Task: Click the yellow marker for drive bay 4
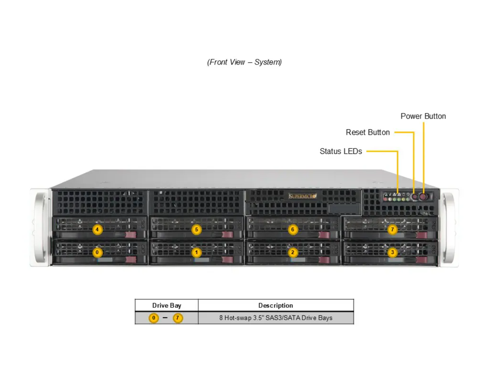97,230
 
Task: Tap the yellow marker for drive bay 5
196,230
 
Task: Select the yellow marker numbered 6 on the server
293,230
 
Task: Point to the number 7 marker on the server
392,230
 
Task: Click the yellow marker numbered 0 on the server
97,252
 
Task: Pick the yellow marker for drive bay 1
196,252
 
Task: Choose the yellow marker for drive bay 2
293,252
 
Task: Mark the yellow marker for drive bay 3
392,252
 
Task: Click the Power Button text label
423,116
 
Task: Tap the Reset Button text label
367,132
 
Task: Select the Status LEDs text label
340,151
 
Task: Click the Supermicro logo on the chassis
302,196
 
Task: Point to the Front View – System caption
244,62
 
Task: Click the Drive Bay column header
167,305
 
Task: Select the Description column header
275,305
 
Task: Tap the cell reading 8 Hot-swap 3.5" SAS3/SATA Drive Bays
275,318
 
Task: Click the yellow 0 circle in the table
154,318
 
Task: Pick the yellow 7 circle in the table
178,318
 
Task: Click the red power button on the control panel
423,196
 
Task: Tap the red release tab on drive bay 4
131,235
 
